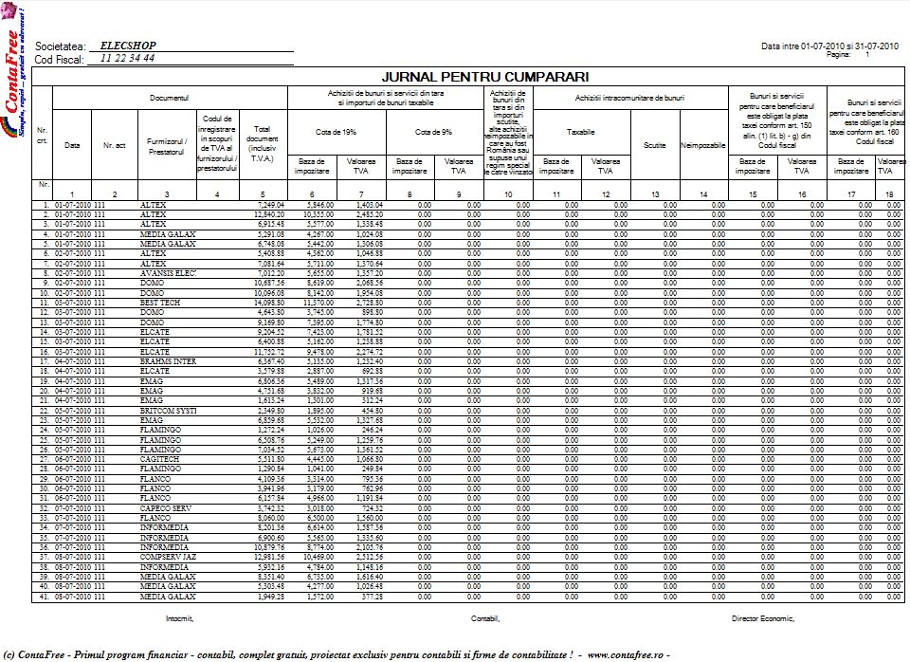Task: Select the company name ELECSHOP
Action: pyautogui.click(x=128, y=46)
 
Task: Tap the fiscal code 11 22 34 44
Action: pyautogui.click(x=127, y=58)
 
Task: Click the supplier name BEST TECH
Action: pyautogui.click(x=160, y=303)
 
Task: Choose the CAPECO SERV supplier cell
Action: pyautogui.click(x=166, y=508)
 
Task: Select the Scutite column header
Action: pyautogui.click(x=654, y=144)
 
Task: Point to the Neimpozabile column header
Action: pyautogui.click(x=702, y=145)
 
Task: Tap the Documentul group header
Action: pyautogui.click(x=170, y=98)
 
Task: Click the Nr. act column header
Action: pyautogui.click(x=115, y=145)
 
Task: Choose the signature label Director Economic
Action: pyautogui.click(x=763, y=617)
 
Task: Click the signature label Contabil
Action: pyautogui.click(x=484, y=617)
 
